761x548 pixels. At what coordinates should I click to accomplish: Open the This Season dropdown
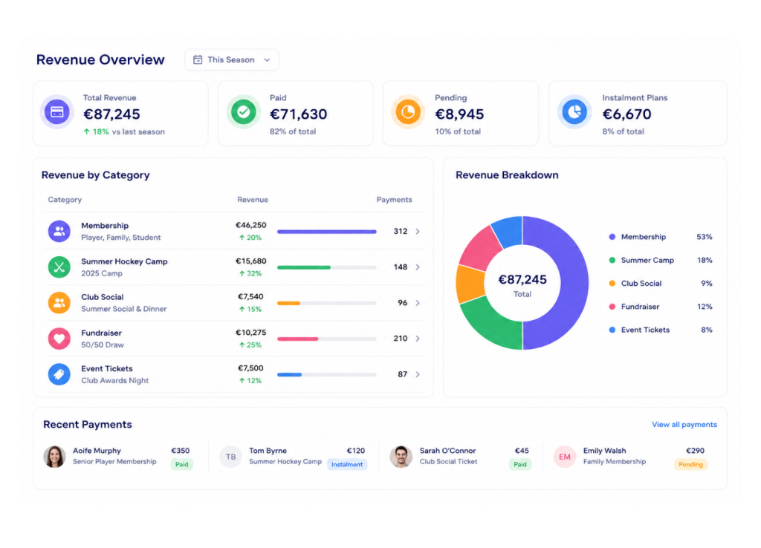coord(232,59)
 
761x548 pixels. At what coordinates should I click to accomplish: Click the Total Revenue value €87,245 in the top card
coord(111,114)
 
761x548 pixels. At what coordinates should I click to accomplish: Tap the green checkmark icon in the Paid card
coord(243,112)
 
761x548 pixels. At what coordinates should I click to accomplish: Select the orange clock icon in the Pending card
coord(408,112)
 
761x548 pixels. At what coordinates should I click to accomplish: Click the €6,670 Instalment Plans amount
coord(626,114)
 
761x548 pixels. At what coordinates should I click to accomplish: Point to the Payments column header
coord(394,199)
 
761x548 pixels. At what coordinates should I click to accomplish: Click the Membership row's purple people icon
coord(59,232)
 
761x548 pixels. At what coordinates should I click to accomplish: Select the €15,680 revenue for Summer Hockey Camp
coord(251,261)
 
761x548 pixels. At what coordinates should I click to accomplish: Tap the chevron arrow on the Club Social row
coord(418,303)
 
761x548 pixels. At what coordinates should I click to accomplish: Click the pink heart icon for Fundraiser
coord(59,339)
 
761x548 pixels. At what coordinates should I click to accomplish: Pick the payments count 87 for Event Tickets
coord(402,374)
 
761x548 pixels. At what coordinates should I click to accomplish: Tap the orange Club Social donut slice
coord(470,284)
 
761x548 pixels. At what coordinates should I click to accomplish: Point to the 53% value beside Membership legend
coord(705,237)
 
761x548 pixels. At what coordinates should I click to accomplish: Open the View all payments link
coord(684,424)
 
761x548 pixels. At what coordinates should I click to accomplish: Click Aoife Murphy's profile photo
coord(54,457)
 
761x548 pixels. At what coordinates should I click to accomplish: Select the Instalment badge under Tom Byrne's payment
coord(347,464)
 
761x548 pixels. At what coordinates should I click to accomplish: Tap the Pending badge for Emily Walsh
coord(690,464)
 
